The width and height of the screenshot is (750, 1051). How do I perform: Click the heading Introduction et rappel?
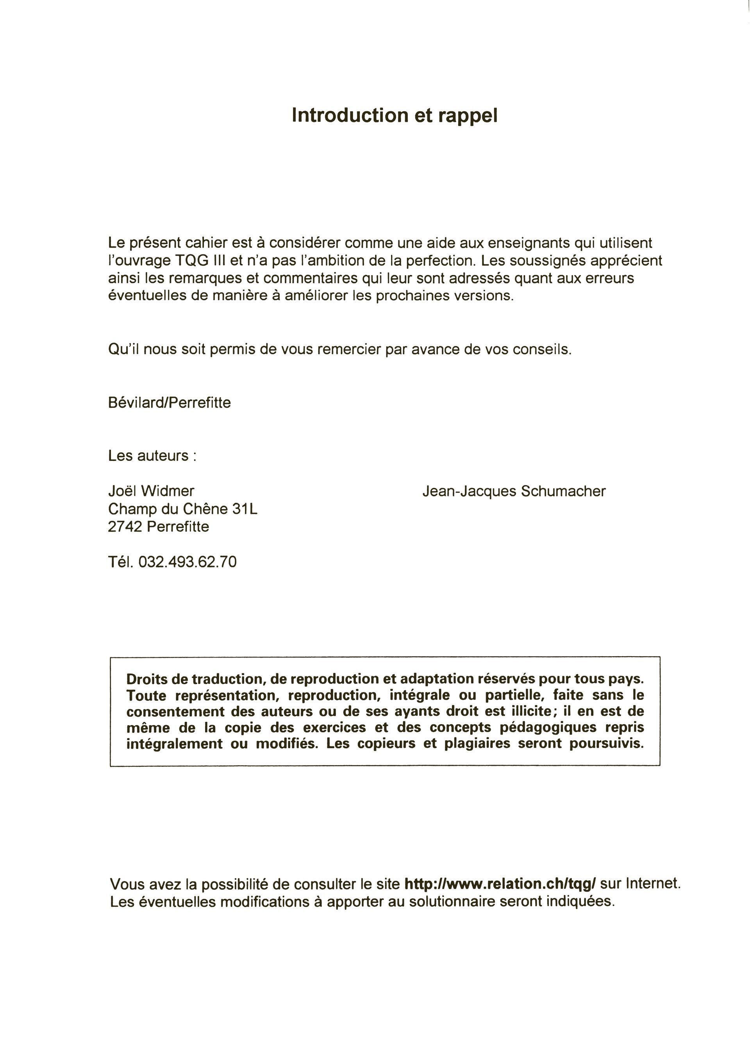tap(395, 116)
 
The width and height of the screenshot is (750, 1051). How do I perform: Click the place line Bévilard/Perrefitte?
tap(169, 403)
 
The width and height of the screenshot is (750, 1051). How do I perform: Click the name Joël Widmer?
tap(151, 491)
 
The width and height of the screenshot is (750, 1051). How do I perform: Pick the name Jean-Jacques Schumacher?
tap(514, 491)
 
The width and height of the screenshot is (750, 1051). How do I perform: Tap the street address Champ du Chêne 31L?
tap(182, 509)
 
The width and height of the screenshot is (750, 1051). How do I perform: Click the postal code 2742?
tap(125, 526)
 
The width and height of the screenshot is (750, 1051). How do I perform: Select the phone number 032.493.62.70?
tap(187, 562)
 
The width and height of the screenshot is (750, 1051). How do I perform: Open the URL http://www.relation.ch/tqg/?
tap(500, 884)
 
